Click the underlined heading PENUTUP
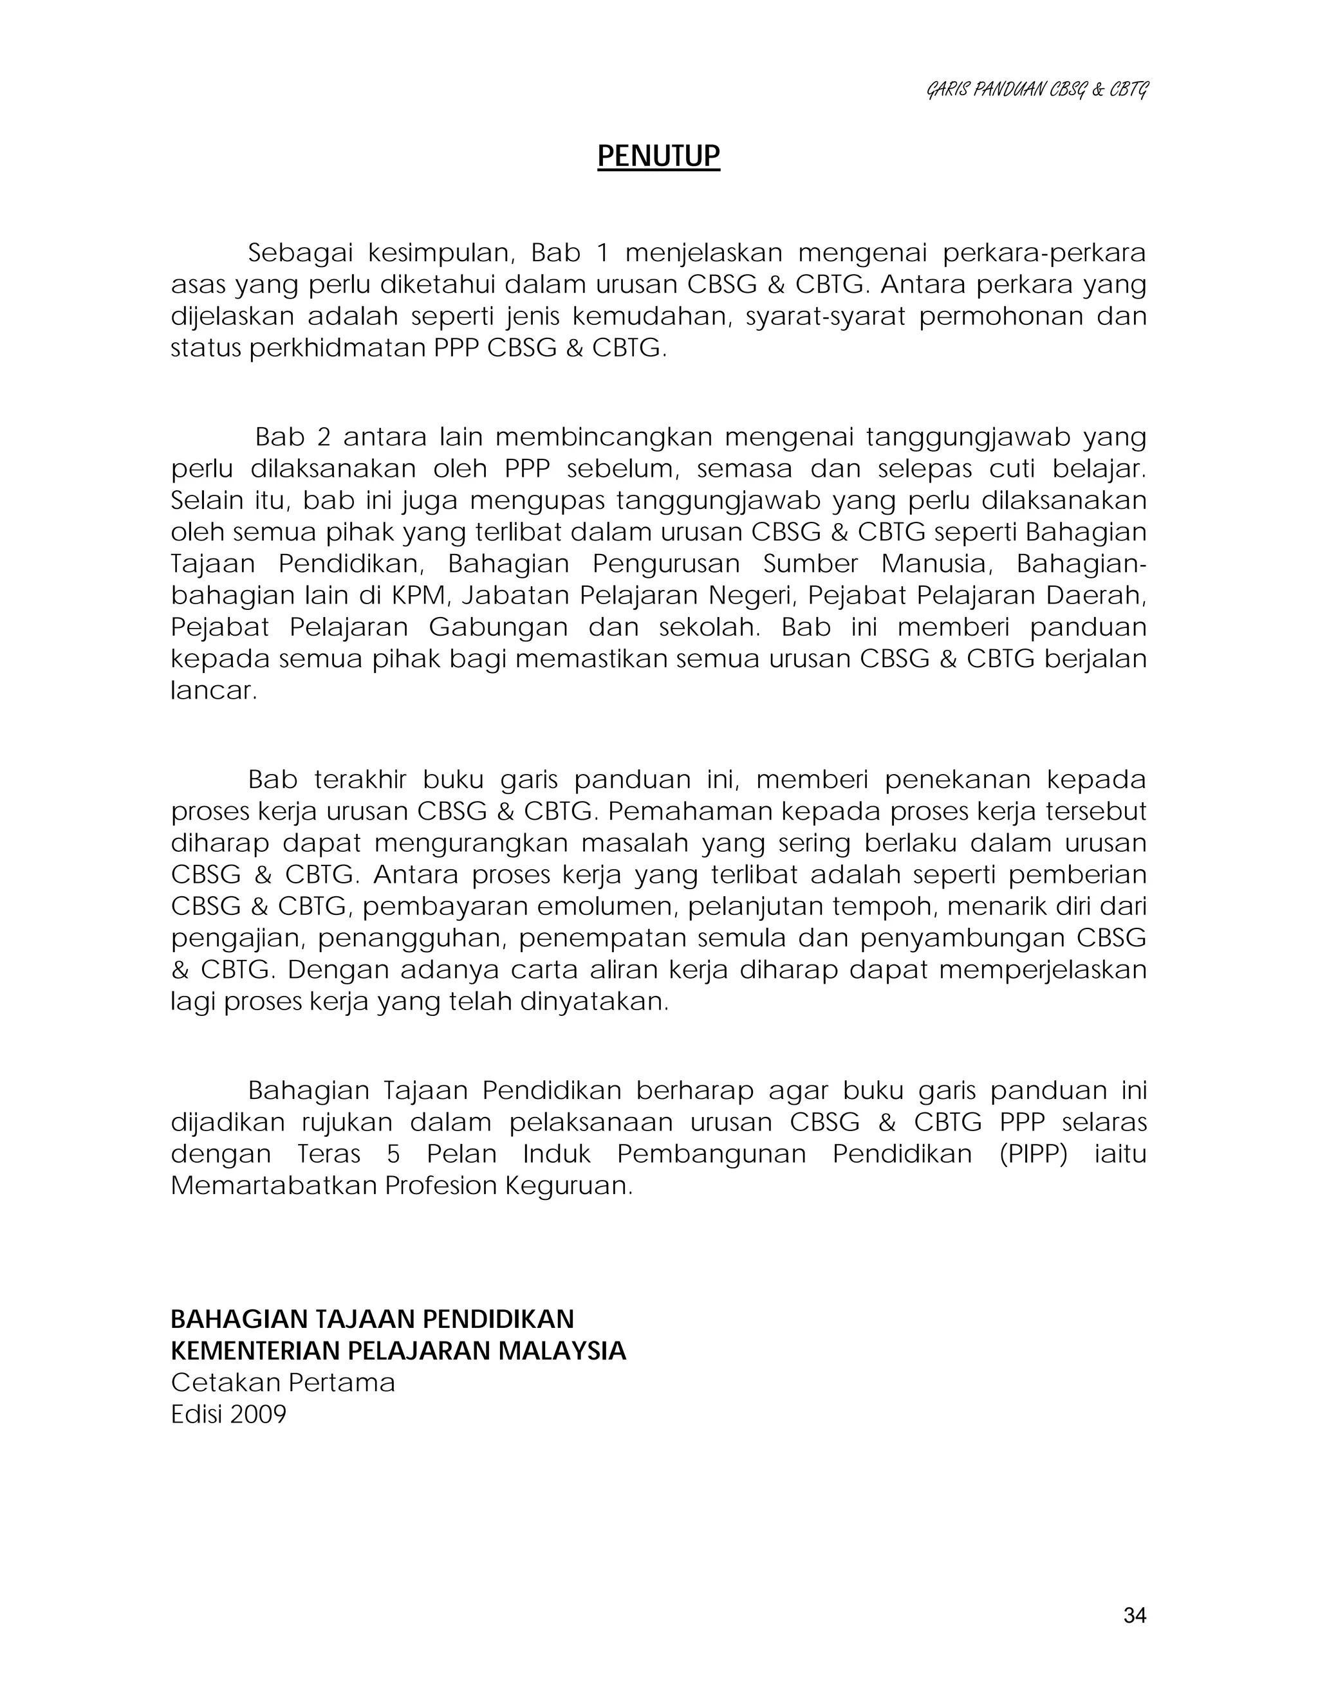click(658, 156)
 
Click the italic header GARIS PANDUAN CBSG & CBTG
click(1037, 91)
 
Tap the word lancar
click(212, 691)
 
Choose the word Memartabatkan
click(274, 1186)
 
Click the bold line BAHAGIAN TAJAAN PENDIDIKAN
click(372, 1320)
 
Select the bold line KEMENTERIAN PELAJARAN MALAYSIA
click(398, 1350)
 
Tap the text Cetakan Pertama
click(283, 1383)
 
